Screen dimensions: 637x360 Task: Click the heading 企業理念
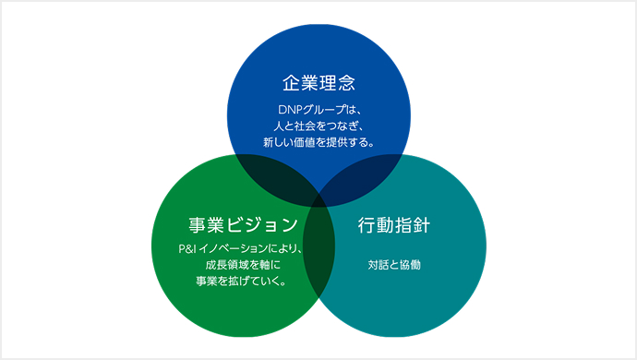(318, 83)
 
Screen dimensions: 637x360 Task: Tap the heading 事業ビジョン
(243, 224)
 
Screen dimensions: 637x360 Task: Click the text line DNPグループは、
(318, 111)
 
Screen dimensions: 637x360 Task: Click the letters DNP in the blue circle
(276, 111)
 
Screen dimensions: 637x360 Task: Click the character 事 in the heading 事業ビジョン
(198, 224)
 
